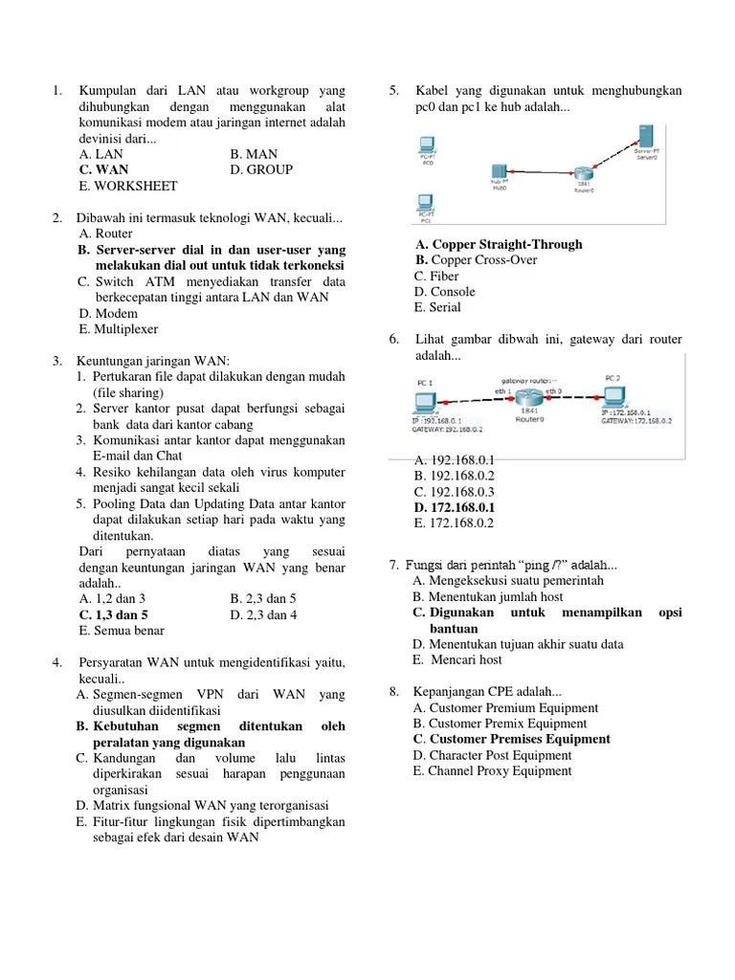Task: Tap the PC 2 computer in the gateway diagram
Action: (613, 395)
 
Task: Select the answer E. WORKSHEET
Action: (128, 186)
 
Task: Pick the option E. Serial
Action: (437, 307)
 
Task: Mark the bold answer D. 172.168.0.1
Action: (455, 507)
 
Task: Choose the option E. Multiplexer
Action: (120, 328)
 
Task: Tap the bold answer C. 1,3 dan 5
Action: (114, 614)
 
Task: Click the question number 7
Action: (394, 566)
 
